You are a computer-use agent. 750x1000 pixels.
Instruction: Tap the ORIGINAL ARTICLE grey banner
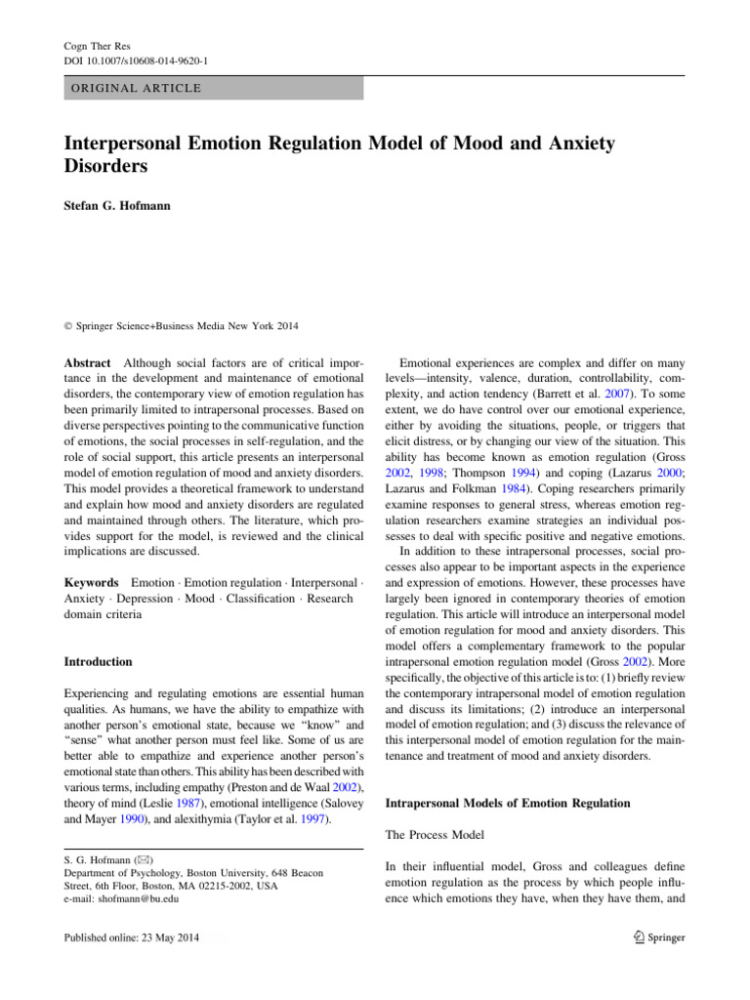pos(213,89)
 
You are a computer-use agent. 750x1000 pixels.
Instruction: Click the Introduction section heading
pos(99,661)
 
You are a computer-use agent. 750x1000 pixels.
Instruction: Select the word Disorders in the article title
pos(106,165)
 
